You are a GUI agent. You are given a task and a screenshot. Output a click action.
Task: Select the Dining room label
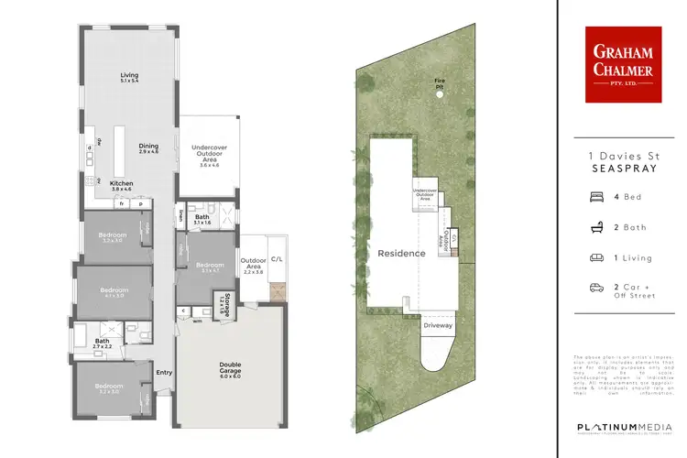(148, 147)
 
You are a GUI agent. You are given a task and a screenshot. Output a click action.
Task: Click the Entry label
(164, 372)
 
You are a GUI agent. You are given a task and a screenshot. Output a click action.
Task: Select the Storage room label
(222, 303)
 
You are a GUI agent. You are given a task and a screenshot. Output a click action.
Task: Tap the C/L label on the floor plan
(277, 259)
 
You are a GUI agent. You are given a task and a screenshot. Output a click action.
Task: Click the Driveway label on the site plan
(438, 324)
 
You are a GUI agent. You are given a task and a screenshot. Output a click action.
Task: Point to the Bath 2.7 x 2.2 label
(102, 343)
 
